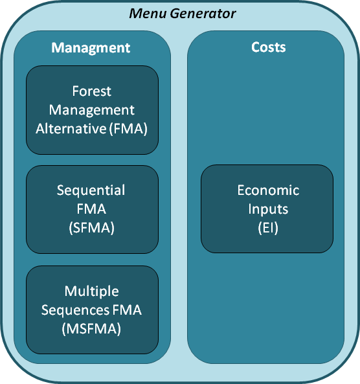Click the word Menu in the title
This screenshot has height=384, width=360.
(148, 14)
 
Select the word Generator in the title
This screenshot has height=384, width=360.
(203, 14)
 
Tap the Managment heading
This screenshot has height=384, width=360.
(91, 48)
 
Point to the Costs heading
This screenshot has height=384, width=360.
(269, 47)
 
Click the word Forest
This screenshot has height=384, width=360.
(91, 91)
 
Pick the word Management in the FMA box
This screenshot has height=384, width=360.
(91, 110)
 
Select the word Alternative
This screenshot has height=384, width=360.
(71, 129)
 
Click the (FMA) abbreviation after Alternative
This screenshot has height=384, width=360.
(128, 129)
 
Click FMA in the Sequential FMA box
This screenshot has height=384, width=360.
(91, 209)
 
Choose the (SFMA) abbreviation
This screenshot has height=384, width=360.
(91, 228)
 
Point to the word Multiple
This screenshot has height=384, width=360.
(91, 291)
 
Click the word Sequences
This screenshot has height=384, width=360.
(75, 310)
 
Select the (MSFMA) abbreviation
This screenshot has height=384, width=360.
(91, 329)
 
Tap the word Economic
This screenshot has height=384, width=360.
(268, 190)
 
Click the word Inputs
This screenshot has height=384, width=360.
(268, 209)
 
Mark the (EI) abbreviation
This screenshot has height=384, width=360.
(268, 228)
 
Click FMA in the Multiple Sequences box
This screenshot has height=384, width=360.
(127, 310)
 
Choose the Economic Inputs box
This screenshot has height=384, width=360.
(267, 209)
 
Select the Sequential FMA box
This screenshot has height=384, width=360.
(93, 209)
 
